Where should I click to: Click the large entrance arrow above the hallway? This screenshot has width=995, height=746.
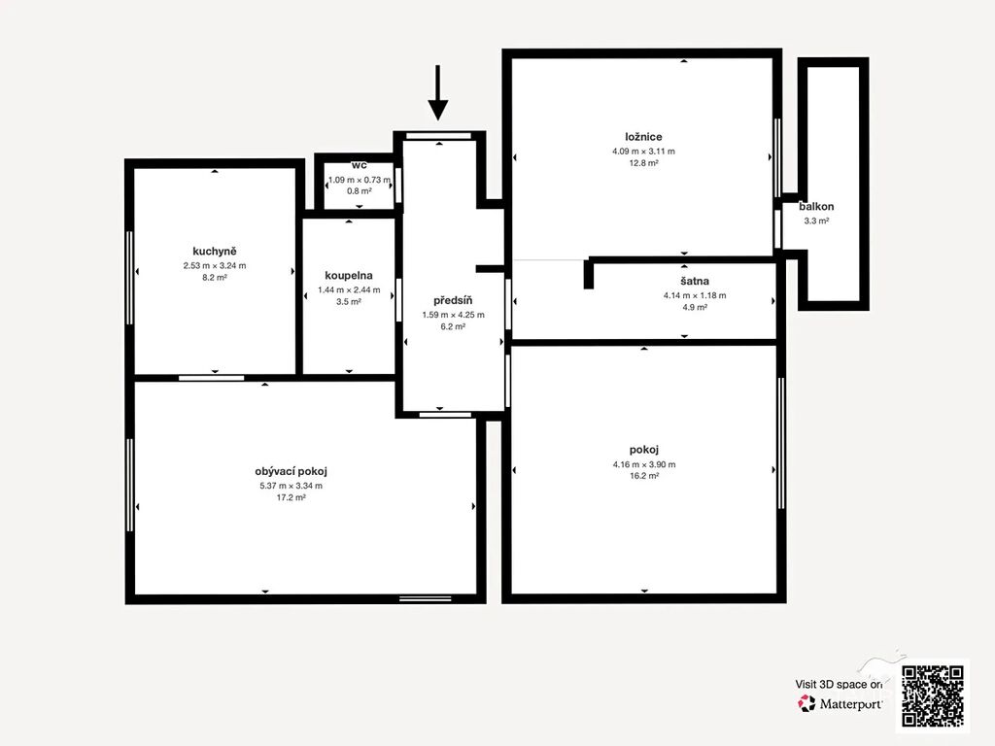(438, 92)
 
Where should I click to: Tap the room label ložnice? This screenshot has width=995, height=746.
(643, 137)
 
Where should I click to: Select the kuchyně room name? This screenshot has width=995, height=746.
(215, 252)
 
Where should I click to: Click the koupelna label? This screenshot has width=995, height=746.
(349, 276)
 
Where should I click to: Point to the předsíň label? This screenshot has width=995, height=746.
(453, 300)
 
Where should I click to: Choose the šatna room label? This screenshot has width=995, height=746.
(695, 281)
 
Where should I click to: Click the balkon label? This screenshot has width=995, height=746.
(816, 207)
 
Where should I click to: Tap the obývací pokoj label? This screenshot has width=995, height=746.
(291, 472)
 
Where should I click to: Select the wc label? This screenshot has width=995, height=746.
(360, 165)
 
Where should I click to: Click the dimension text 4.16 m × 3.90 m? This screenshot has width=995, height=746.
(644, 464)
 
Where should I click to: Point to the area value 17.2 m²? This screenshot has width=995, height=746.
(291, 498)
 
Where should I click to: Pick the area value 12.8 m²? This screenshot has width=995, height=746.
(643, 163)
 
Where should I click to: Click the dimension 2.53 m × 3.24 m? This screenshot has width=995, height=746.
(215, 266)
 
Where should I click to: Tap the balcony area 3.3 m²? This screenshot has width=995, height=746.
(816, 221)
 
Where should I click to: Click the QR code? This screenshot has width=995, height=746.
(933, 695)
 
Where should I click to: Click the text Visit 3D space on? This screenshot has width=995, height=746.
(839, 685)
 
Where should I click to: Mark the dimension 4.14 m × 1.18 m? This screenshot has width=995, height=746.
(695, 295)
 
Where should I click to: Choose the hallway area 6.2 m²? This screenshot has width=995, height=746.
(453, 327)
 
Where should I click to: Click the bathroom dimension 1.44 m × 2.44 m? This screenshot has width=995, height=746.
(349, 289)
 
